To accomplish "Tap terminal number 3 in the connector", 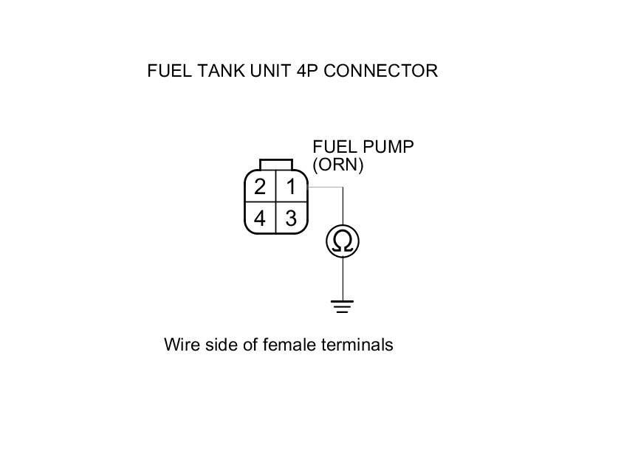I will coord(291,218).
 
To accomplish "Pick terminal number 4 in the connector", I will coord(260,218).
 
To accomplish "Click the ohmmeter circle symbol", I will coord(343,241).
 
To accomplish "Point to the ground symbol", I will coord(343,306).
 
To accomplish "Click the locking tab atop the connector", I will coord(275,164).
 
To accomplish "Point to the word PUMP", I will coord(386,147).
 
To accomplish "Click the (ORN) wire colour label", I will coord(338,165).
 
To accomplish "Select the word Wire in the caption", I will coord(179,345).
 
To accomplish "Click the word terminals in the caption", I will coord(351,345).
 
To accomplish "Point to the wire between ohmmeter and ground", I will coord(343,278).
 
